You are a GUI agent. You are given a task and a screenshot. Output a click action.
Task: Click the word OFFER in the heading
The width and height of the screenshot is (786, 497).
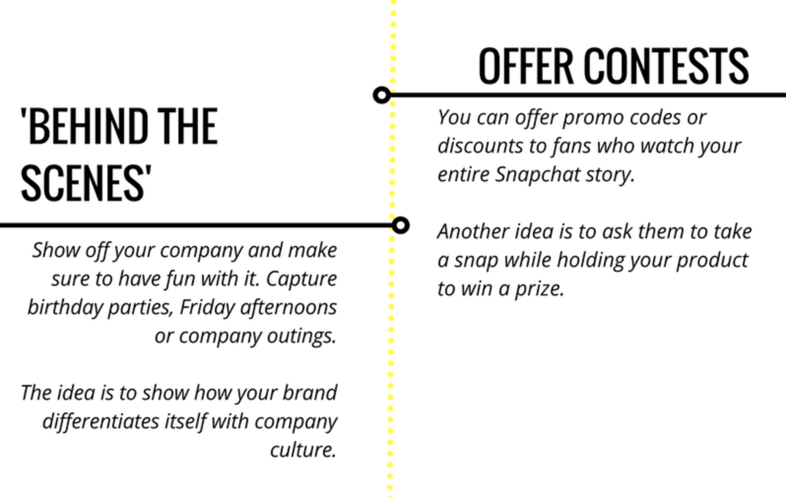click(526, 66)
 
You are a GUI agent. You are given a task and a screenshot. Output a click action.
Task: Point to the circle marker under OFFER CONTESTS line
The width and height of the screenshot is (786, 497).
click(382, 95)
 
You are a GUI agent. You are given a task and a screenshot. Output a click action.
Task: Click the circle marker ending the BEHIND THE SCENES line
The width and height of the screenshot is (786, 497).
click(400, 225)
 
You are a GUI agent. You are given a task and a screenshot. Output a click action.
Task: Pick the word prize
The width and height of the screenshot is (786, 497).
click(539, 289)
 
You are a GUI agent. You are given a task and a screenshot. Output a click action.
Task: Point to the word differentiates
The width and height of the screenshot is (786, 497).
click(100, 421)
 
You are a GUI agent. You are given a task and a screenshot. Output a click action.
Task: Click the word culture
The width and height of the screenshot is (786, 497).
click(303, 449)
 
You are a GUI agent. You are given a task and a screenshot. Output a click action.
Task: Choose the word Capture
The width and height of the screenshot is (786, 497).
click(301, 280)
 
